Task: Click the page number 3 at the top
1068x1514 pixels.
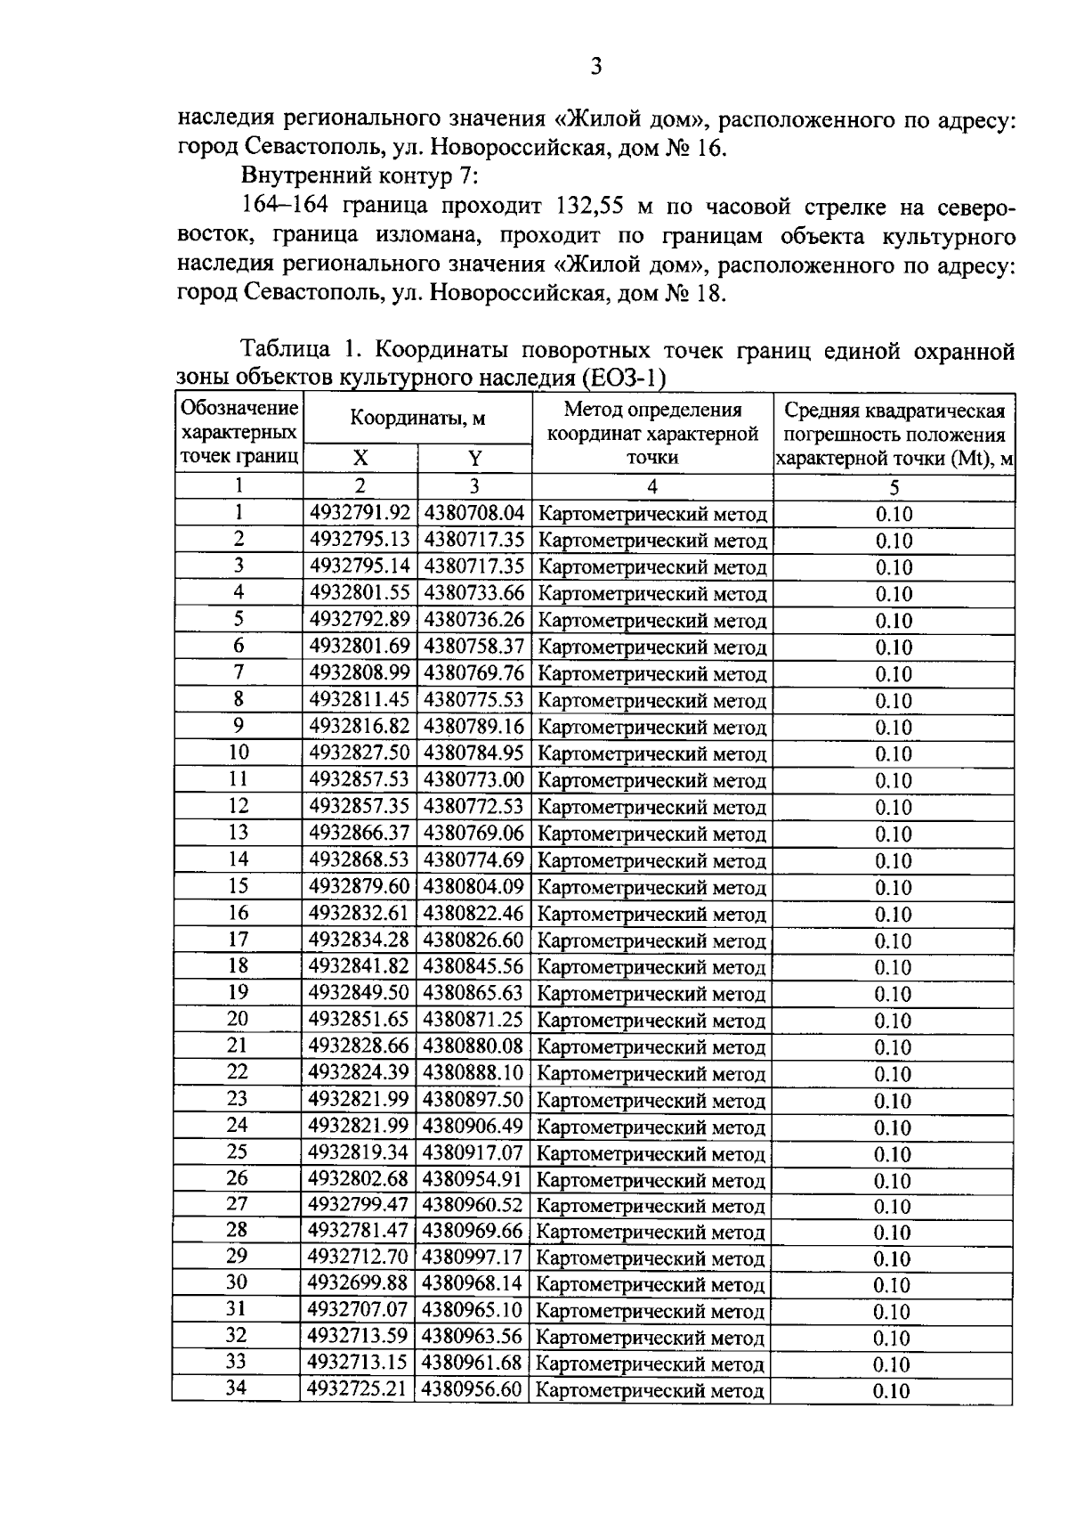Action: pos(596,66)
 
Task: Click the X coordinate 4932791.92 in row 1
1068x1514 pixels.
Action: pos(360,514)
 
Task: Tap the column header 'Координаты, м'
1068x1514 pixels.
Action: pos(417,418)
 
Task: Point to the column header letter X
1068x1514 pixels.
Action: pos(360,459)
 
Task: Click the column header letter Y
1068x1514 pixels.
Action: pos(474,459)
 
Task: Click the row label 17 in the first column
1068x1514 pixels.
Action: pos(238,940)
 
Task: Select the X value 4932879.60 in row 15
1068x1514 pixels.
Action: pos(360,887)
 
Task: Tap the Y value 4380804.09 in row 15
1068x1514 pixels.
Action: pos(473,887)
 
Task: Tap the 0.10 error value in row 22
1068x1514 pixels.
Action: pos(893,1074)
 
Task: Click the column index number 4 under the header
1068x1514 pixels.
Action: pos(652,486)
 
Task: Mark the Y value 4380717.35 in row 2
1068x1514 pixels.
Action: pos(474,541)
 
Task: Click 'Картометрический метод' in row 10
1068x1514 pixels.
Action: pos(652,754)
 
